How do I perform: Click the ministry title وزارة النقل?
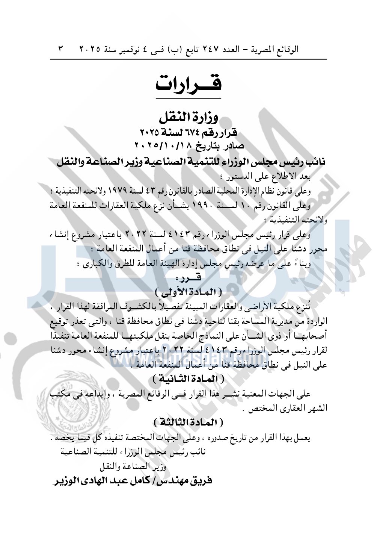coord(188,118)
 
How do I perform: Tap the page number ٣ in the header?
coord(61,49)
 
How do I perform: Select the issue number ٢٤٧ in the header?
coord(209,49)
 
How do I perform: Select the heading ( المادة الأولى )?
coord(188,291)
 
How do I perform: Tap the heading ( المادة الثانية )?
coord(188,379)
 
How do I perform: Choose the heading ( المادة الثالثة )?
coord(188,422)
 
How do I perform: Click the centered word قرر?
coord(188,278)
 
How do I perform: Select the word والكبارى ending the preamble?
coord(91,264)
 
